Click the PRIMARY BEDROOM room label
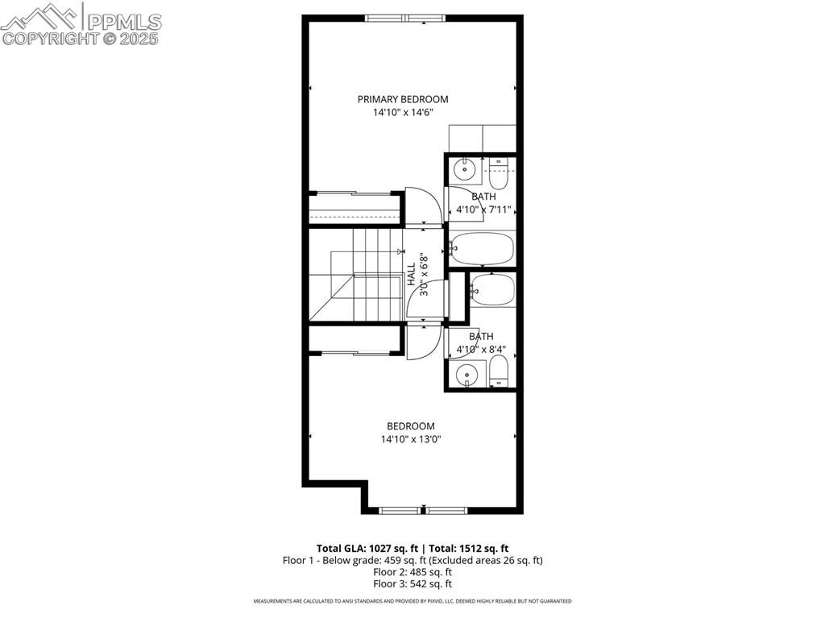pyautogui.click(x=403, y=99)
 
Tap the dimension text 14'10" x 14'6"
pyautogui.click(x=403, y=112)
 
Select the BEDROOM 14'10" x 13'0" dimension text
pyautogui.click(x=410, y=439)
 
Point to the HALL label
pyautogui.click(x=412, y=274)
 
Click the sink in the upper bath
pyautogui.click(x=465, y=169)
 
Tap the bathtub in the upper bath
pyautogui.click(x=482, y=249)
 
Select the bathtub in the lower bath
pyautogui.click(x=492, y=289)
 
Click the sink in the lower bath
pyautogui.click(x=466, y=375)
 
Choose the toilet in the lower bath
pyautogui.click(x=498, y=371)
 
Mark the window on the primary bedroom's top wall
pyautogui.click(x=405, y=18)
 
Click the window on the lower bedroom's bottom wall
pyautogui.click(x=423, y=510)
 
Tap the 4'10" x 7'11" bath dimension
pyautogui.click(x=483, y=209)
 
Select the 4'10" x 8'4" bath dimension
pyautogui.click(x=481, y=349)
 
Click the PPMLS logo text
pyautogui.click(x=124, y=22)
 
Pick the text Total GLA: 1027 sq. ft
pyautogui.click(x=367, y=549)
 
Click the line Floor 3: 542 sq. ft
pyautogui.click(x=412, y=584)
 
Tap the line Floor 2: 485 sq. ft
pyautogui.click(x=412, y=572)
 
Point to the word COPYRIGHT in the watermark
pyautogui.click(x=51, y=39)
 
